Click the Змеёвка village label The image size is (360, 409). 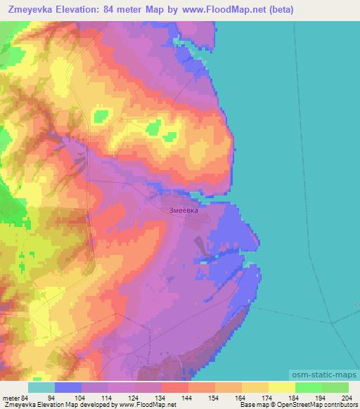[x=184, y=209]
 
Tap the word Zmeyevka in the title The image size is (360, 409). [x=30, y=10]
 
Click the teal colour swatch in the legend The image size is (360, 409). [x=41, y=387]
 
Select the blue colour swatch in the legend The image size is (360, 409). [x=68, y=387]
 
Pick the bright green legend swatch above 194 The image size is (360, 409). [x=309, y=387]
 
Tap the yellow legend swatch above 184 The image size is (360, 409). [x=282, y=387]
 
